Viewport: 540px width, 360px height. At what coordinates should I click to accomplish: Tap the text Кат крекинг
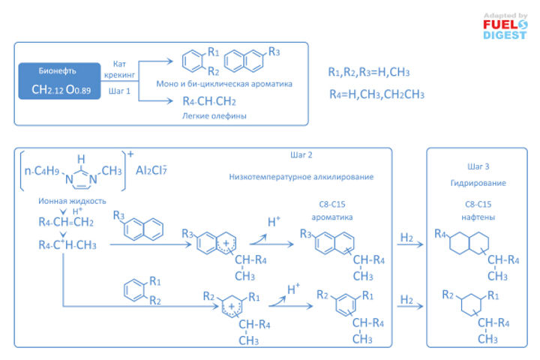[x=123, y=70]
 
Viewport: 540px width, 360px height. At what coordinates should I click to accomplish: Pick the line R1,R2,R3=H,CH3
[x=368, y=72]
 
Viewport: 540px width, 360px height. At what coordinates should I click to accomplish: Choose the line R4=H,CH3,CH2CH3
[x=376, y=94]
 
